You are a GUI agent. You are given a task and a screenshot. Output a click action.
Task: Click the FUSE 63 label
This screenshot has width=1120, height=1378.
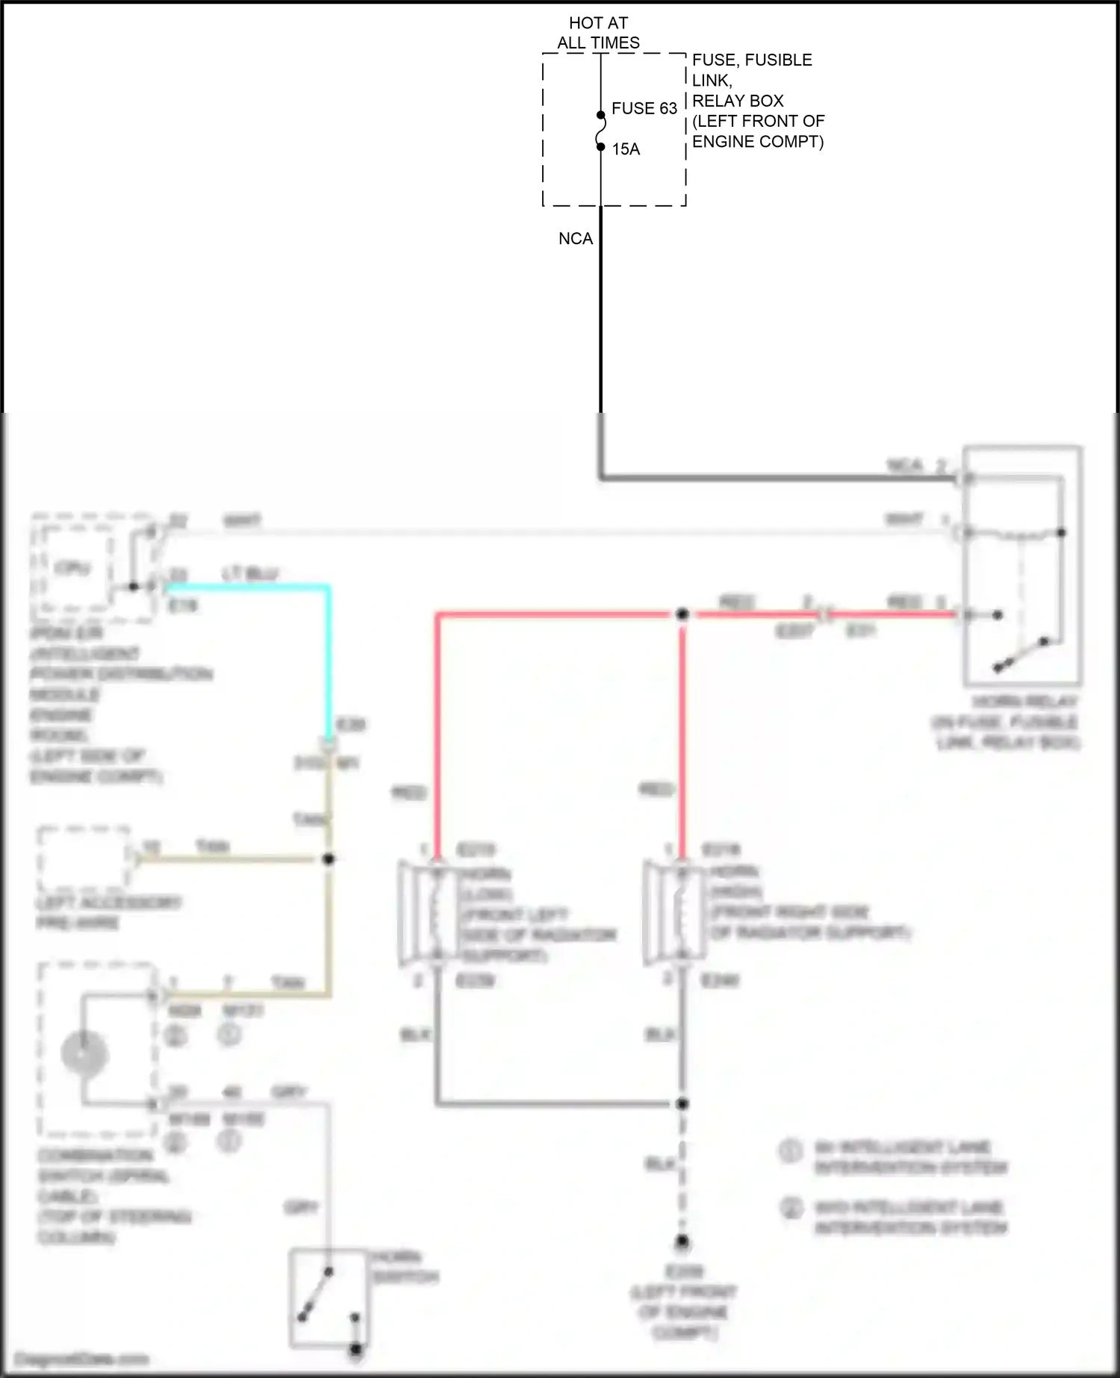point(644,108)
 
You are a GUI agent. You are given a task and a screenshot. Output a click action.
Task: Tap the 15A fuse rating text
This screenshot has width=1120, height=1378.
point(626,149)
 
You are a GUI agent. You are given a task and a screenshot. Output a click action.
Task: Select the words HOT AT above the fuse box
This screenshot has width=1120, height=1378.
point(598,23)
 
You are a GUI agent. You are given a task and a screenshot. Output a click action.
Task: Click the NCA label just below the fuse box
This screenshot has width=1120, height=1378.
point(575,239)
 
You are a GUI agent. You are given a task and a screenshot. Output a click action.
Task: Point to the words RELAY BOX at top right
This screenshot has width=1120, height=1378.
point(738,101)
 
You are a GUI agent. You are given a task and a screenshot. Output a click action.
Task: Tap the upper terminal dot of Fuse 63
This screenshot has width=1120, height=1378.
point(600,115)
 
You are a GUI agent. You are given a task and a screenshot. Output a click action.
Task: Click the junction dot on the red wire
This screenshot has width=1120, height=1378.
point(682,614)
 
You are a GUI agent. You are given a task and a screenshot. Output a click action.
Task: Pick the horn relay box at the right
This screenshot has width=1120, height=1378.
point(1021,565)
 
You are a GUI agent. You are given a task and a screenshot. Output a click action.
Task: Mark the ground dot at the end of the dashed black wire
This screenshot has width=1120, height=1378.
point(682,1242)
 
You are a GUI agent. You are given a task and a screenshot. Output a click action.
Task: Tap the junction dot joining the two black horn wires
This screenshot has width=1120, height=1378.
point(682,1103)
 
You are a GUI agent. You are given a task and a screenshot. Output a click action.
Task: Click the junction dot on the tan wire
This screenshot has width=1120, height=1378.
point(328,859)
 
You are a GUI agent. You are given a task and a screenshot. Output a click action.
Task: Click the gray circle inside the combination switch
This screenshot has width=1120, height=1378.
point(84,1054)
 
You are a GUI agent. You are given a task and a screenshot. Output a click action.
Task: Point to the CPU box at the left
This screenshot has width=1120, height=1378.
point(72,567)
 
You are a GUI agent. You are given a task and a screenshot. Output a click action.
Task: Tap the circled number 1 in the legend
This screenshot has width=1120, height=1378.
point(791,1150)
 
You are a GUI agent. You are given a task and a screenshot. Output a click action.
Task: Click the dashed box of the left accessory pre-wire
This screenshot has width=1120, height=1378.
point(84,858)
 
